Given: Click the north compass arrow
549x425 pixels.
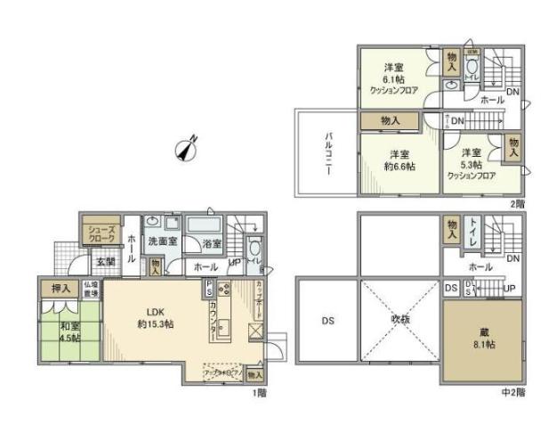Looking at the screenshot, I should [188, 149].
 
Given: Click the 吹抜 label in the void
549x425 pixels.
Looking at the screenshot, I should [398, 319].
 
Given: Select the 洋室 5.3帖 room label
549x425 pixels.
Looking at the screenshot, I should [472, 159].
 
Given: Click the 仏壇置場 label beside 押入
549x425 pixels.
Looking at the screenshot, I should [91, 290].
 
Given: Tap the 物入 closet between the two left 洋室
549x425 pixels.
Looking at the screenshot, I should [389, 120].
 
